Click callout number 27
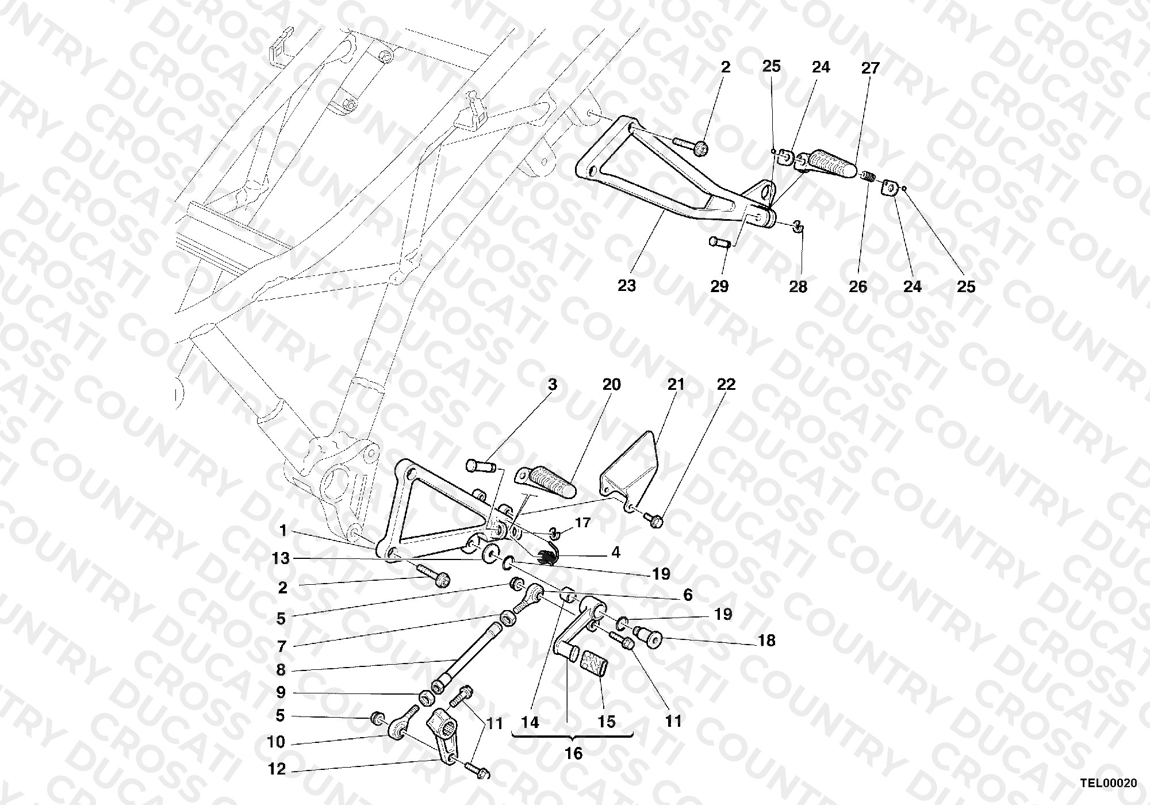point(871,68)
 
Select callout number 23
point(627,286)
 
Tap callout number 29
point(719,286)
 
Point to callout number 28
point(798,286)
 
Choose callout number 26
point(858,286)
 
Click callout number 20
point(612,384)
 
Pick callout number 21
point(676,384)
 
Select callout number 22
point(726,384)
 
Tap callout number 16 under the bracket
point(574,753)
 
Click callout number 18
point(767,641)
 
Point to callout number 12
point(277,769)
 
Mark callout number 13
point(282,558)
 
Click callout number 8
point(281,670)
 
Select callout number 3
point(553,384)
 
